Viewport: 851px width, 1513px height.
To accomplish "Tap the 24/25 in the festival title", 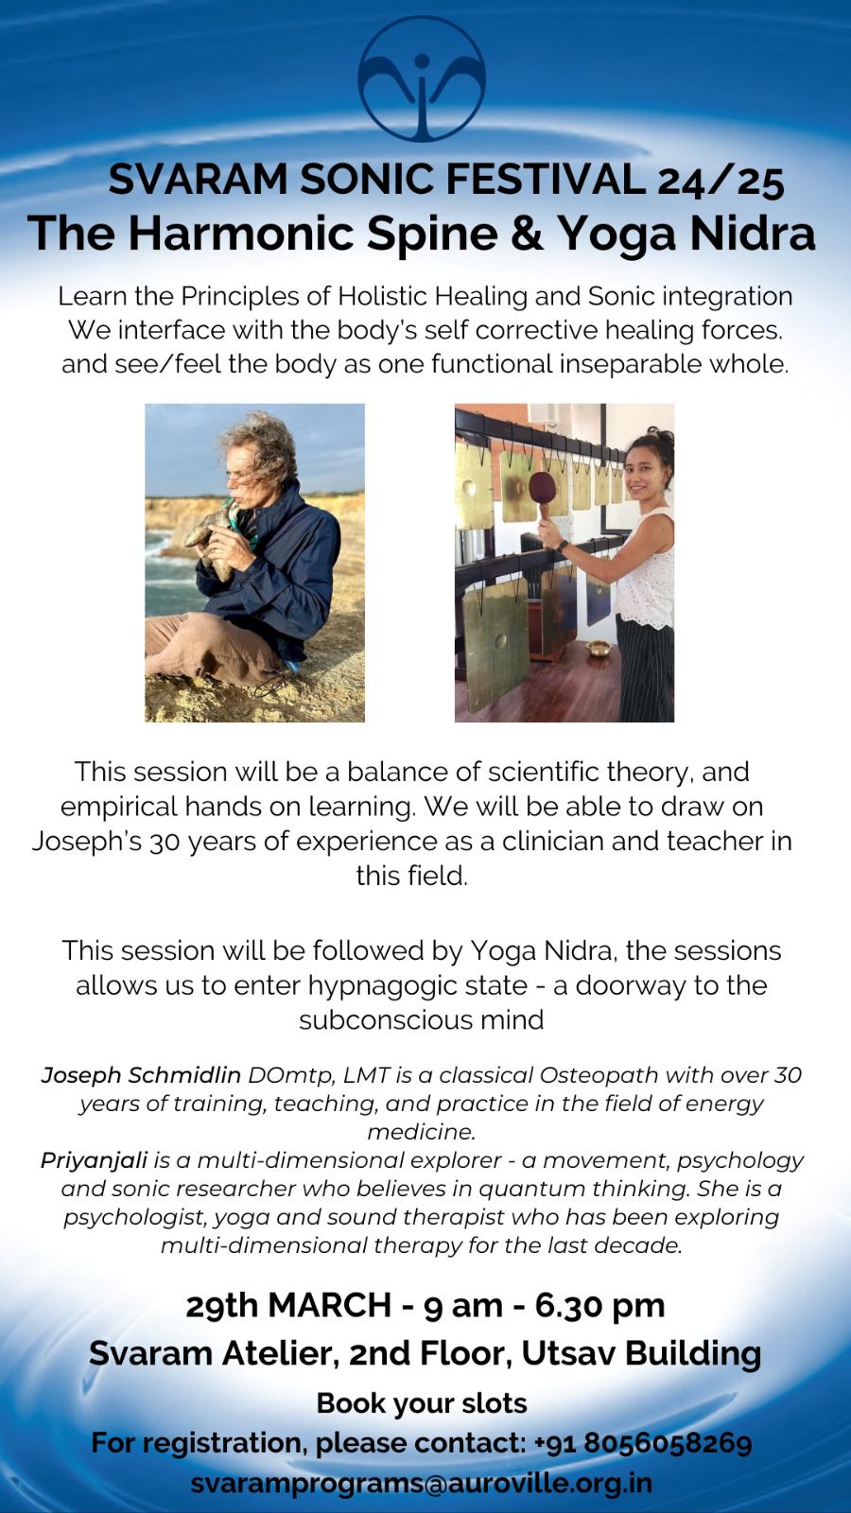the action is (x=721, y=181).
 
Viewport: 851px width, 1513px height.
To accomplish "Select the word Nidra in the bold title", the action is (x=752, y=233).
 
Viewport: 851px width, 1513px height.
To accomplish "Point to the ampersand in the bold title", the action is (x=528, y=233).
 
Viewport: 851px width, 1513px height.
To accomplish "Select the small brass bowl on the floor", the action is (x=599, y=648).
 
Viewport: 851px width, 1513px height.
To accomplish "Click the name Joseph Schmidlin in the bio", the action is (x=141, y=1074).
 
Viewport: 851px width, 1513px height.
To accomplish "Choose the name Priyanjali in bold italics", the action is (x=94, y=1160).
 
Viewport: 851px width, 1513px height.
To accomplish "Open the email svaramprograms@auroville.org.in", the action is (x=422, y=1484).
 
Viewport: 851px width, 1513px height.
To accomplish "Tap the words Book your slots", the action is (x=422, y=1403).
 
